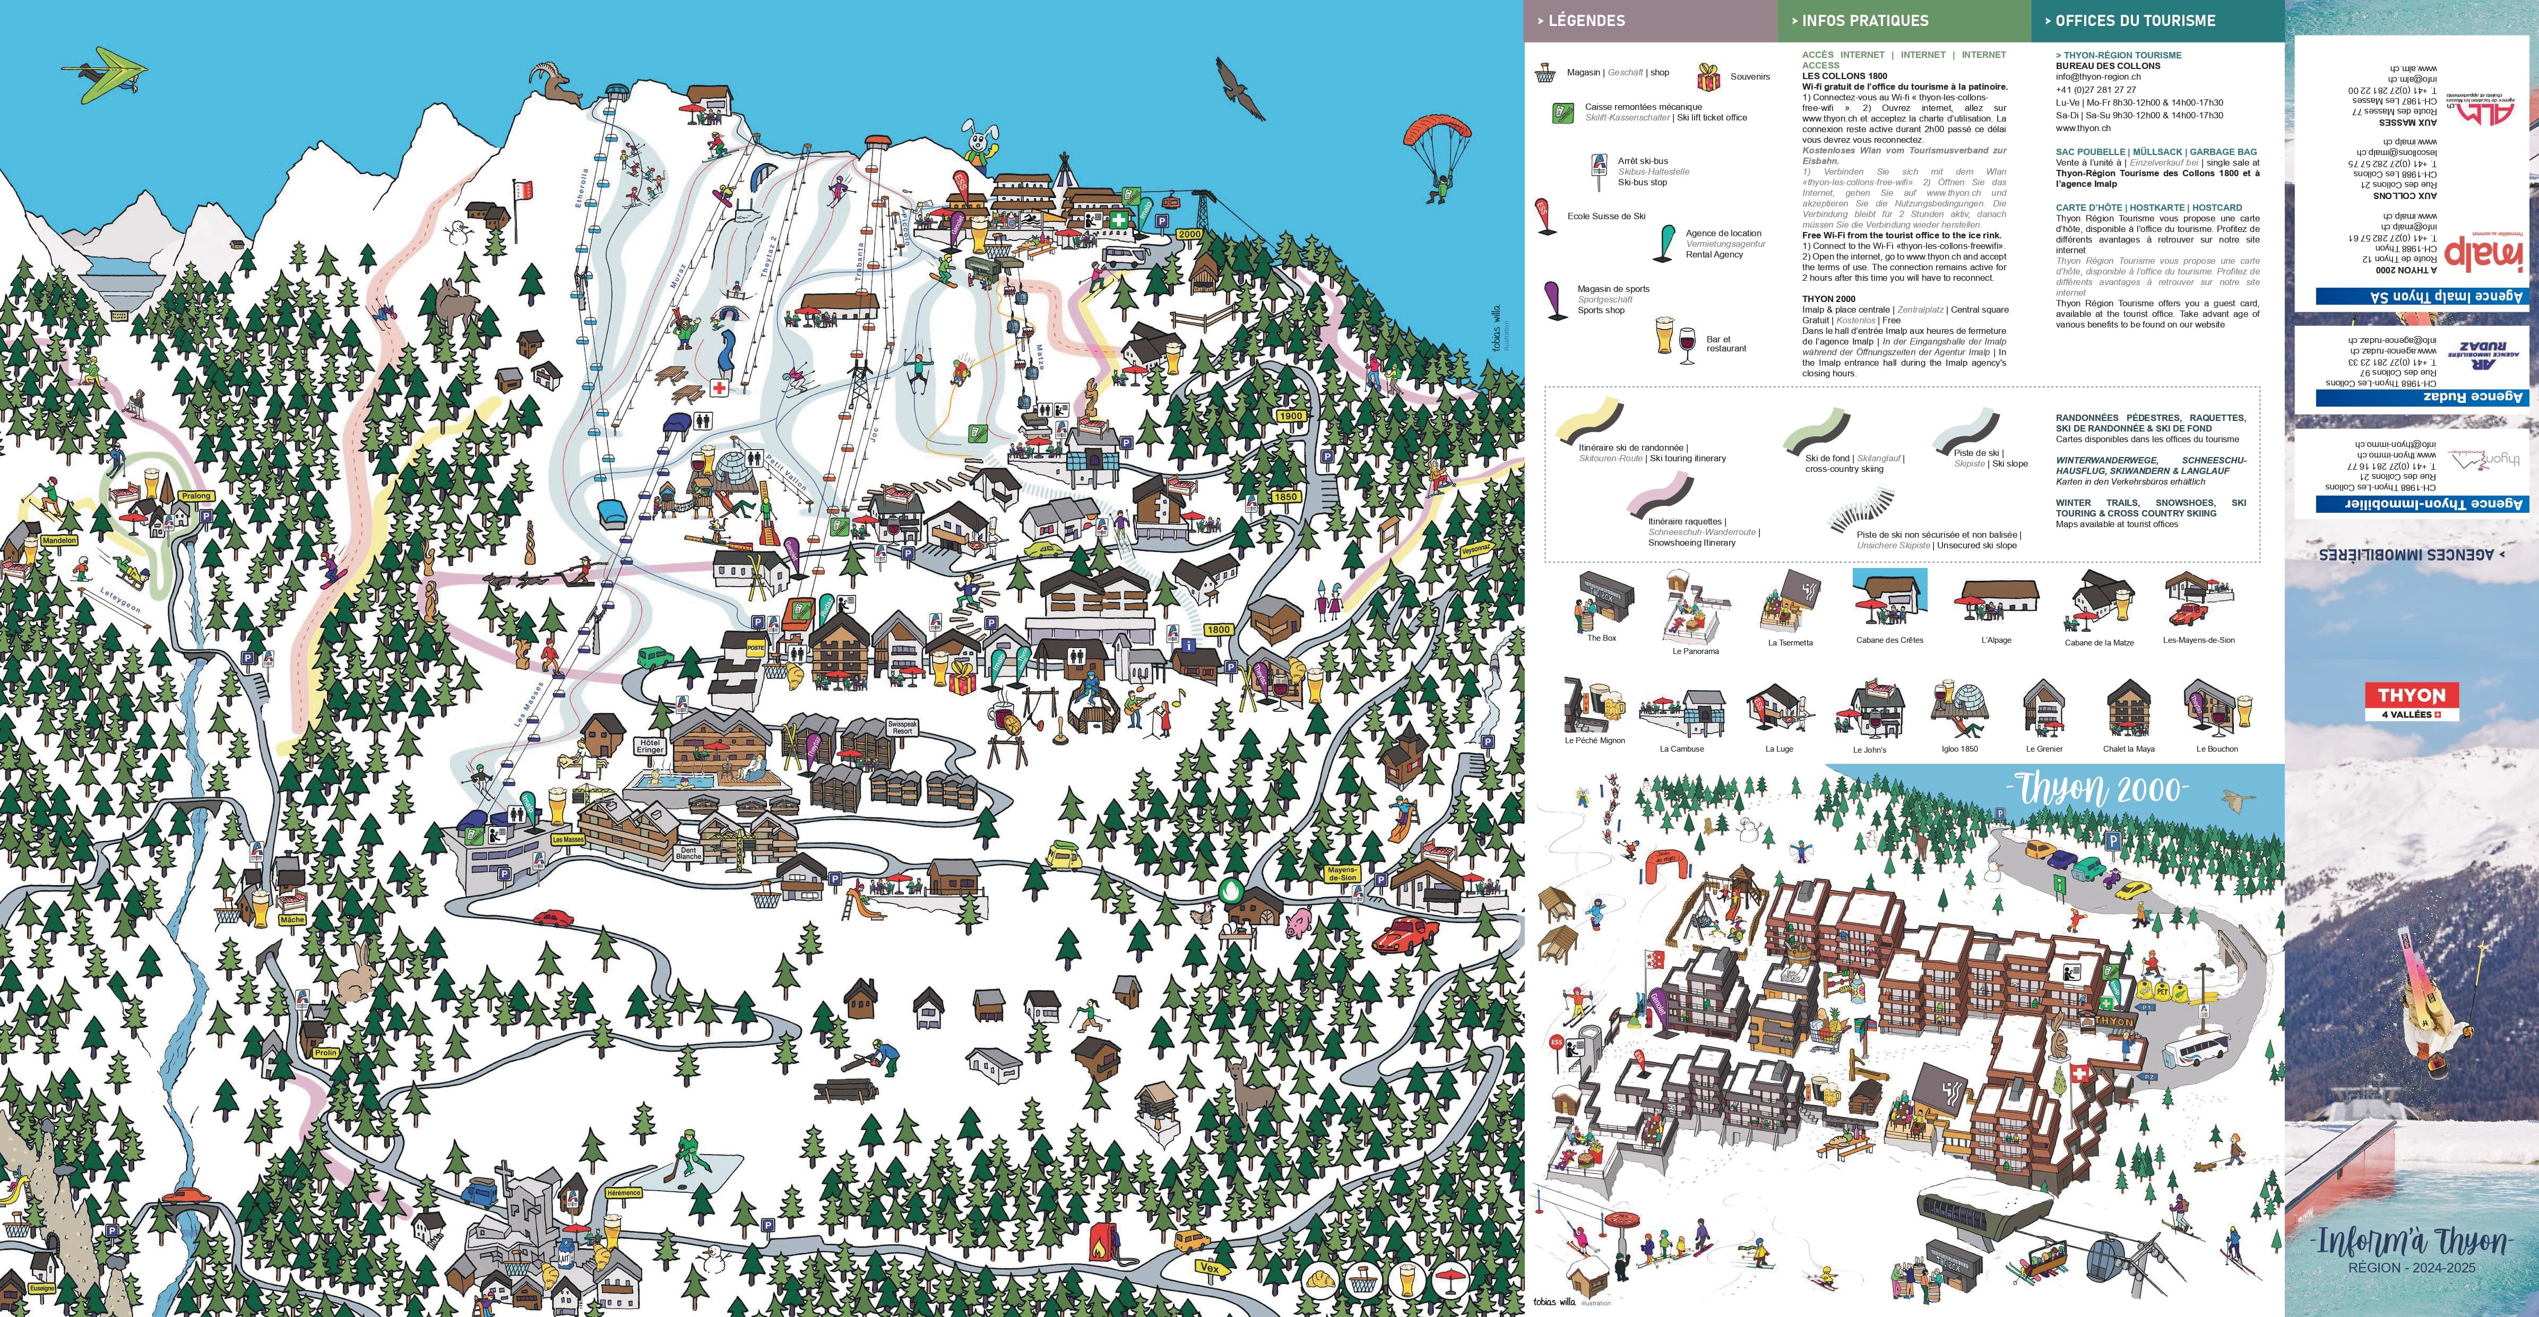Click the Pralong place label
coord(196,496)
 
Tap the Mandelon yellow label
coord(59,540)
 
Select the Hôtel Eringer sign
coord(650,746)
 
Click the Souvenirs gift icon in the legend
coord(1708,77)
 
